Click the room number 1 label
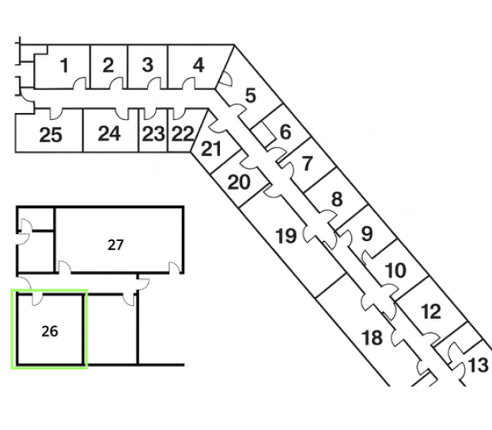tap(64, 66)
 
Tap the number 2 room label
tap(108, 66)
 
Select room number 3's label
tap(147, 66)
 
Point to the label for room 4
tap(199, 65)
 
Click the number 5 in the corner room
tap(250, 96)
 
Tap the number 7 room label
tap(307, 164)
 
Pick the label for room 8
tap(336, 199)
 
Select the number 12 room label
tap(431, 311)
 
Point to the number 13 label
tap(479, 366)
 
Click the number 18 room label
tap(372, 338)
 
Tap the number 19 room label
tap(286, 235)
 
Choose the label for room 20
tap(239, 183)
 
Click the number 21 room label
tap(211, 149)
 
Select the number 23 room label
tap(153, 134)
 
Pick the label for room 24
tap(109, 134)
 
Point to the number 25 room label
tap(51, 135)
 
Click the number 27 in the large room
tap(115, 245)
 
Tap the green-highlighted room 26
tap(49, 330)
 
